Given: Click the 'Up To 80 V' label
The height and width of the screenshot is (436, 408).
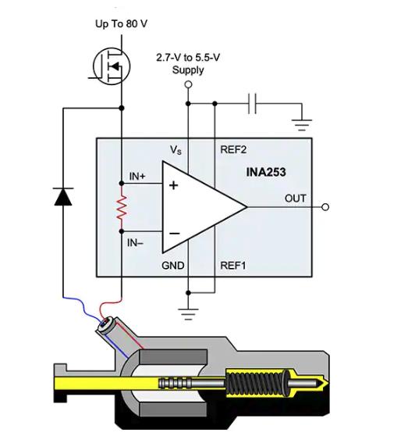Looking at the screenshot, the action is pos(121,24).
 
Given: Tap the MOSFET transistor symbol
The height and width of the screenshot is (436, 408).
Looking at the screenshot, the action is pos(111,66).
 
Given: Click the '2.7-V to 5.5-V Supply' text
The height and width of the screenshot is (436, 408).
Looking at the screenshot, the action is pos(188,63).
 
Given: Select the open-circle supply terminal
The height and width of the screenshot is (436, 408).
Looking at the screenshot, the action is pos(188,84).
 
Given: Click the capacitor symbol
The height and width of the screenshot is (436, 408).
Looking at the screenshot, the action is pos(252,104).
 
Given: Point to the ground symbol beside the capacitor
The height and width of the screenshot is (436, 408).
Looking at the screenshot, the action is pos(302,125).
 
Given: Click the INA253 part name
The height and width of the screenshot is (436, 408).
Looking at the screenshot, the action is pos(266,172).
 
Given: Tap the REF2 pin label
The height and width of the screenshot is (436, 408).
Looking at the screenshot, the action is pos(233,149).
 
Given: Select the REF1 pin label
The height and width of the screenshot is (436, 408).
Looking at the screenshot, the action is pos(233,266).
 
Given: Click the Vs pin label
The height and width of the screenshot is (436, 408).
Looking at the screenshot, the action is pos(176,150).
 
